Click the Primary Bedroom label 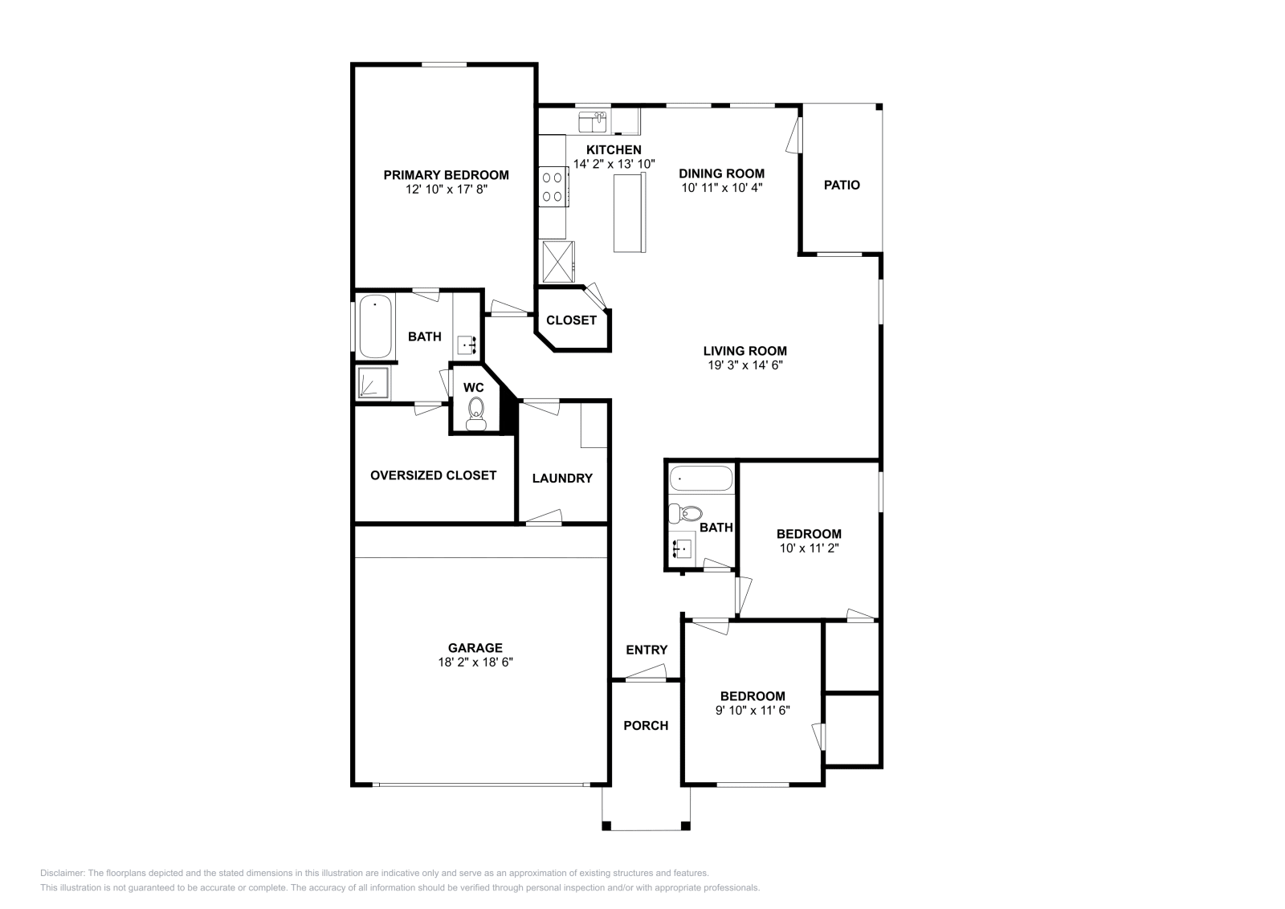[446, 175]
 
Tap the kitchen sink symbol [594, 122]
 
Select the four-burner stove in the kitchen [552, 185]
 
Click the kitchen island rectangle [630, 213]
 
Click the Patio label [842, 185]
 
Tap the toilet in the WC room [475, 411]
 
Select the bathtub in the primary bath [375, 328]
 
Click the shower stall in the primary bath [373, 383]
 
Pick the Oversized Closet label [433, 475]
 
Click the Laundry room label [562, 478]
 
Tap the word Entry [647, 650]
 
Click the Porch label [646, 725]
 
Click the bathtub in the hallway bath [701, 479]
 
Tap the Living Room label [744, 351]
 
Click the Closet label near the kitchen [571, 320]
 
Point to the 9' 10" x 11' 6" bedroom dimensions [753, 710]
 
